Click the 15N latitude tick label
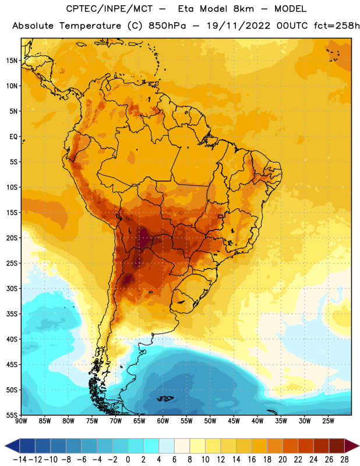click(12, 61)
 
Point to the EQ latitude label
click(13, 137)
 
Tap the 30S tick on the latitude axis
click(12, 288)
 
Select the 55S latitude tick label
click(12, 415)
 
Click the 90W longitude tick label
click(21, 421)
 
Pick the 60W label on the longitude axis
click(163, 421)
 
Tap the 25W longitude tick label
click(328, 421)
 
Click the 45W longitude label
click(234, 421)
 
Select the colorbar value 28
click(344, 460)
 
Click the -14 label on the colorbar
click(20, 460)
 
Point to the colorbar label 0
click(128, 460)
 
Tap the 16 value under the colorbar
click(252, 460)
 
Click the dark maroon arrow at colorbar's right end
click(352, 446)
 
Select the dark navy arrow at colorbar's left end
click(12, 446)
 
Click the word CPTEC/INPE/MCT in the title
click(110, 9)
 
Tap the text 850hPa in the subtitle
click(167, 26)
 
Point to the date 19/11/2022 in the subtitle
click(239, 26)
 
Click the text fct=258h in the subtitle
click(337, 26)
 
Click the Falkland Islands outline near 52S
click(165, 398)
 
